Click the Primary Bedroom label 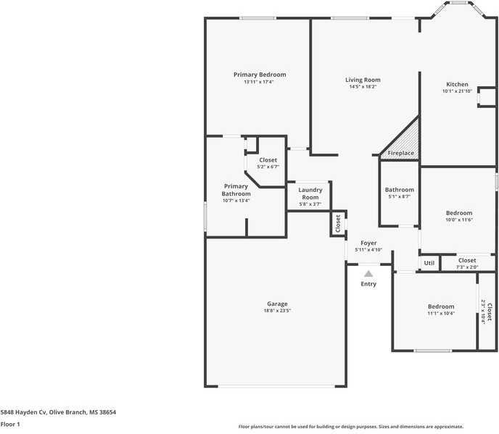260,75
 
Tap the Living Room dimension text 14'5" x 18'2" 363,86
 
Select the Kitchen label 457,84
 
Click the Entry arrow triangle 368,274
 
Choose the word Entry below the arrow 368,284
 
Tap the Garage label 277,304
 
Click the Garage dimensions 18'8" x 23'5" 277,311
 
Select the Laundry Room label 310,193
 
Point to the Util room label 429,263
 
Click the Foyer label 368,243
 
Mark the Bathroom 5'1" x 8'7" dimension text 400,196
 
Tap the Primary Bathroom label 236,190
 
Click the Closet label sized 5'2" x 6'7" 268,160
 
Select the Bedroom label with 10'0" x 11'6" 459,213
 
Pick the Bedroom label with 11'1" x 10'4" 441,306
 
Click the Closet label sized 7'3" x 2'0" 467,260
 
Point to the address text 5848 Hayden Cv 23,412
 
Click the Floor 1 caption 10,424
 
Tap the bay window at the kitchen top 458,9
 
